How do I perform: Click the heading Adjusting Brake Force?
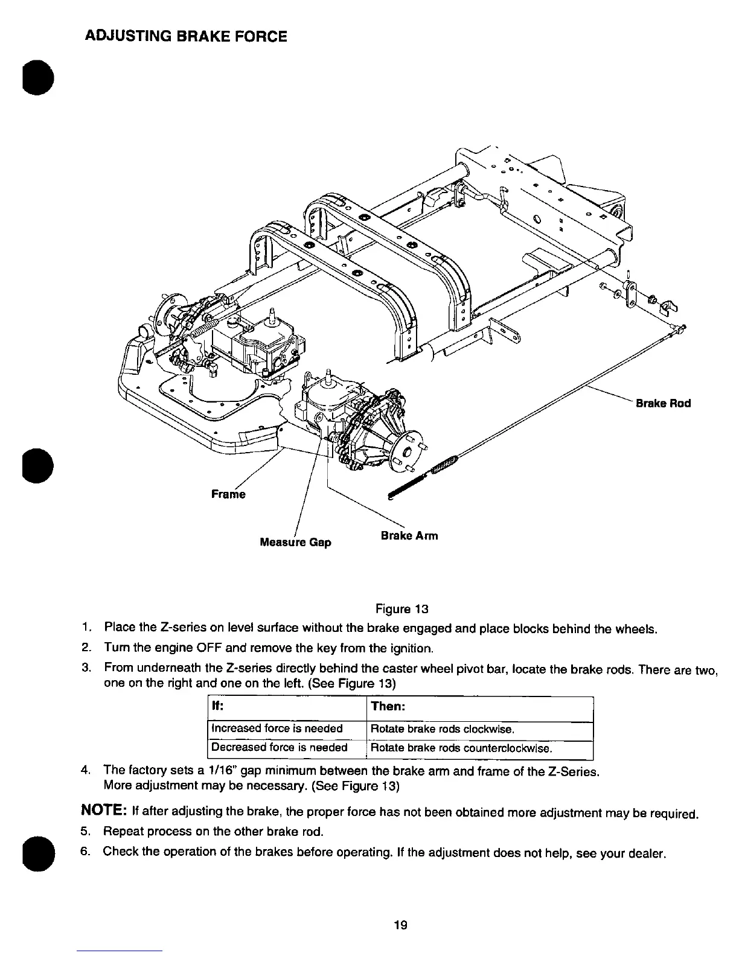185,36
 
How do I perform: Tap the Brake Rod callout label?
663,403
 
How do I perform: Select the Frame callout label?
228,494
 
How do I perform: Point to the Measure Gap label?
295,542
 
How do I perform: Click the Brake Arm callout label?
409,535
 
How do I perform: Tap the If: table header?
217,706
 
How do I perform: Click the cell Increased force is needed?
277,728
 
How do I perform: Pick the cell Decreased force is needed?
279,747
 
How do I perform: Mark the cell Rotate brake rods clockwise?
443,729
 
